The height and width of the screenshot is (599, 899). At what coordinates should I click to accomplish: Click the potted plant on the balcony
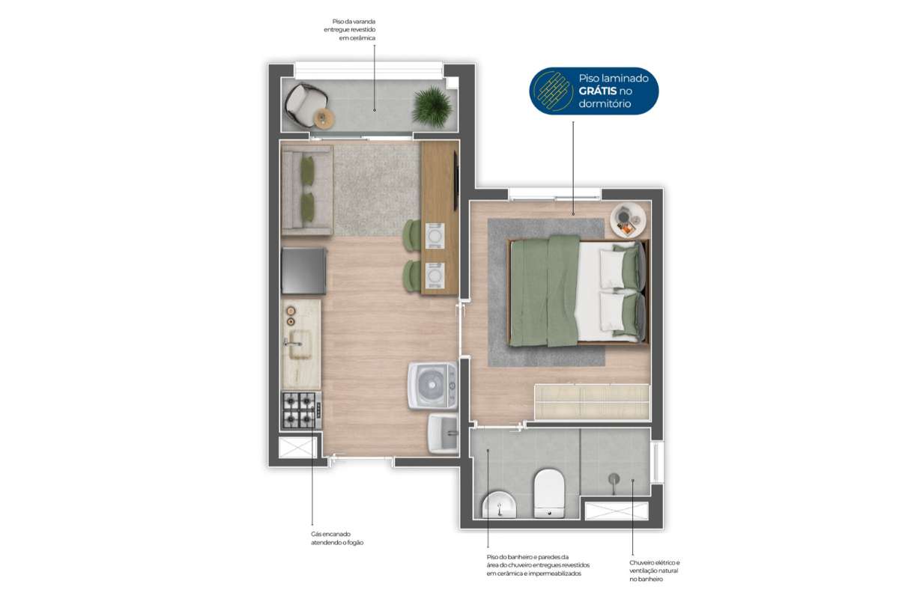[432, 107]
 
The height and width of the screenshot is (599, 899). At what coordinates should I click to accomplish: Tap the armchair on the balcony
[304, 103]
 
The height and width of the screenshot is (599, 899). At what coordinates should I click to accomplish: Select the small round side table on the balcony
[323, 118]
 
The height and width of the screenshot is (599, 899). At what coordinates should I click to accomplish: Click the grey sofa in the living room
[307, 190]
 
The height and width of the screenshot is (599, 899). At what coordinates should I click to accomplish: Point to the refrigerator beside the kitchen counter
[304, 271]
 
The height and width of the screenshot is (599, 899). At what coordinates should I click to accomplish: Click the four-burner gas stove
[301, 410]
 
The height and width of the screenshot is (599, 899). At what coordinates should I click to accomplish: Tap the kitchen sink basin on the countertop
[300, 344]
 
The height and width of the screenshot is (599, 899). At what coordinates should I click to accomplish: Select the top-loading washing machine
[433, 386]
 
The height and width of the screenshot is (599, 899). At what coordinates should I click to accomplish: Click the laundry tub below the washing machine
[443, 434]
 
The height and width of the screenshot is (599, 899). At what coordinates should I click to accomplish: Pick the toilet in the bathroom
[549, 493]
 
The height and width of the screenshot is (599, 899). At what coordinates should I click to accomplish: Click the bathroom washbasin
[499, 505]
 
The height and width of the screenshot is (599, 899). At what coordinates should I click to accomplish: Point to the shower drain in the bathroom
[614, 478]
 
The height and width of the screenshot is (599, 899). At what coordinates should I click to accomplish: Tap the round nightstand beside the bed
[628, 220]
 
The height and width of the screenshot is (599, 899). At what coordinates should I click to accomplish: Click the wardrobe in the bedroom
[592, 402]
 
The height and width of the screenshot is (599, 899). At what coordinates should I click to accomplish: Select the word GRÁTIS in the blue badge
[597, 91]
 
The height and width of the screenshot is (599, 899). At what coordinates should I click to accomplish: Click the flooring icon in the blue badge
[554, 91]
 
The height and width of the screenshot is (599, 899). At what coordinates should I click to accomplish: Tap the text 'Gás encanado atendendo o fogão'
[337, 538]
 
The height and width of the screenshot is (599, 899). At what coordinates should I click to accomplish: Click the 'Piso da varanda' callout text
[350, 30]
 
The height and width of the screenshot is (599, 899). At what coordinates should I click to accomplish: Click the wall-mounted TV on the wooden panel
[456, 180]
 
